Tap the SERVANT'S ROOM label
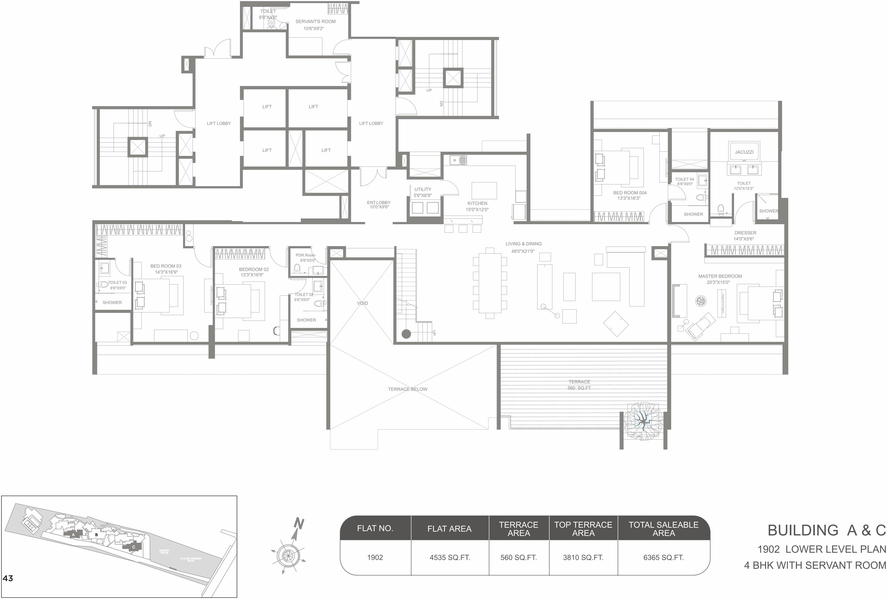315,22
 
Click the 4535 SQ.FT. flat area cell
450,557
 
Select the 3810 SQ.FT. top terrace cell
583,557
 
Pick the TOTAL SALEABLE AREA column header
663,529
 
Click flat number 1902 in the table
375,557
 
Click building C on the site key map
133,547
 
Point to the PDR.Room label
305,255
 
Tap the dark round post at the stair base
406,334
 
